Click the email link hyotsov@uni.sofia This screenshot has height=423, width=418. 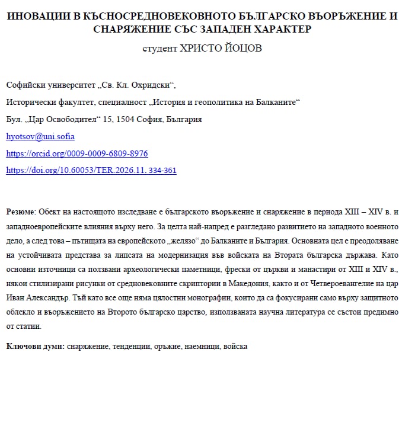(40, 136)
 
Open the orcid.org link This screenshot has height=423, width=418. (76, 153)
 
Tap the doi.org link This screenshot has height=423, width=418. (91, 171)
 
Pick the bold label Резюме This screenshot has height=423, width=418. (21, 211)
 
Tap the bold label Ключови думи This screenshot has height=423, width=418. (35, 345)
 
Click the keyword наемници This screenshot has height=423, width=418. (199, 345)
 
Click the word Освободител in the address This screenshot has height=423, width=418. (70, 119)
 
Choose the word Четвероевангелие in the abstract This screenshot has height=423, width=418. (323, 283)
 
